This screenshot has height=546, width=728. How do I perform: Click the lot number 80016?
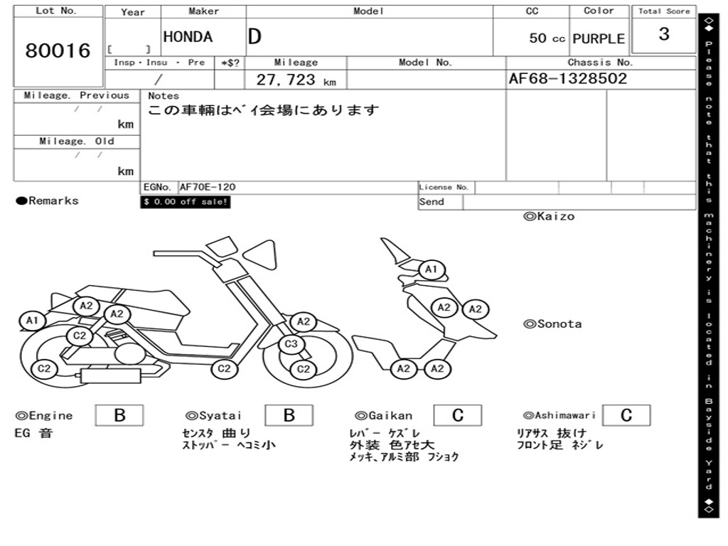(58, 51)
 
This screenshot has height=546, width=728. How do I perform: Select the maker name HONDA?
(188, 37)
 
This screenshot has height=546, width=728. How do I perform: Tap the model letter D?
(255, 37)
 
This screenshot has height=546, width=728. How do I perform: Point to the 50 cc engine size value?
(547, 38)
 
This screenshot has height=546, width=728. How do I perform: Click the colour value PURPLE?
(599, 38)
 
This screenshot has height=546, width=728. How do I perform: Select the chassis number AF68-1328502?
(568, 79)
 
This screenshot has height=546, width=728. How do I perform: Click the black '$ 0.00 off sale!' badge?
(186, 202)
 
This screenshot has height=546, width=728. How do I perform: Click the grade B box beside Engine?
(119, 416)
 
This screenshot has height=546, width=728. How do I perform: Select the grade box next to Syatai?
(289, 416)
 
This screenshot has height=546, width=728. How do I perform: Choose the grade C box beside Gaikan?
(458, 416)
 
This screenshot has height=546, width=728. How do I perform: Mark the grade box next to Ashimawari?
(626, 416)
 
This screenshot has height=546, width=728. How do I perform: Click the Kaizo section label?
(549, 216)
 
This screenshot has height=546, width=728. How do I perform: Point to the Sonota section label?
(552, 324)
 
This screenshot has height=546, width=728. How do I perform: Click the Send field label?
(432, 202)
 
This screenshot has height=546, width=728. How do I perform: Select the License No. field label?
(444, 188)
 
